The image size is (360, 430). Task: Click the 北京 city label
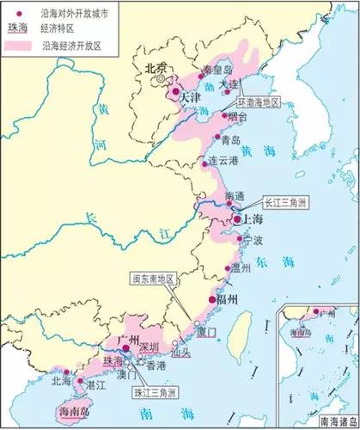click(x=156, y=68)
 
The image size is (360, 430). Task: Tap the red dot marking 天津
click(x=176, y=90)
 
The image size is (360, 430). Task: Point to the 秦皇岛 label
click(x=204, y=69)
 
